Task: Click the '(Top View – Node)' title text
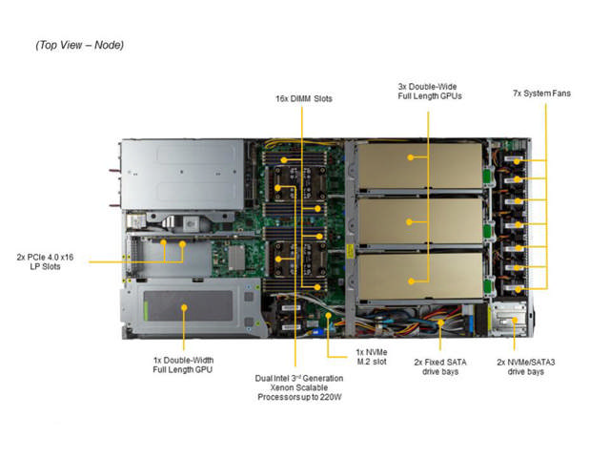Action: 80,45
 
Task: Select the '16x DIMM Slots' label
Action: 304,98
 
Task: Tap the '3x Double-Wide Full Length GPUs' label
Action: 429,91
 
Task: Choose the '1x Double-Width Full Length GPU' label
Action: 183,364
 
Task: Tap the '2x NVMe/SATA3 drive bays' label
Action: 520,366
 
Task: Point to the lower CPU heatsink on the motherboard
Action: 291,258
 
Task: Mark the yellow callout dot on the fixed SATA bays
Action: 442,324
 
